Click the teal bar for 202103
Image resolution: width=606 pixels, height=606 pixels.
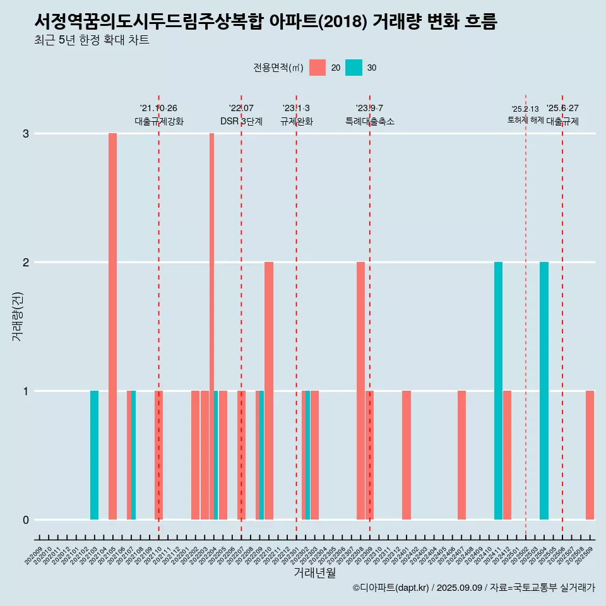tap(94, 455)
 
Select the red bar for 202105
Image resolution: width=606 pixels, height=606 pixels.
tap(112, 326)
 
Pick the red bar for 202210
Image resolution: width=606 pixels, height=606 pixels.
tap(269, 391)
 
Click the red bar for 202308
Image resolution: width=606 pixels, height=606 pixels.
tap(360, 391)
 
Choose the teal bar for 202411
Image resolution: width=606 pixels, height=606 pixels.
tap(498, 391)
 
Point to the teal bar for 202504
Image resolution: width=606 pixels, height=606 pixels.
tap(544, 391)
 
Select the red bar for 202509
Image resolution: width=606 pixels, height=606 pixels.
tap(590, 455)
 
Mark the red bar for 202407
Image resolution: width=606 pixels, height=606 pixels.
tap(461, 455)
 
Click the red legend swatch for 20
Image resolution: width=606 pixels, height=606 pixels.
tap(318, 68)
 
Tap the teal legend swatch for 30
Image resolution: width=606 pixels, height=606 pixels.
tap(354, 68)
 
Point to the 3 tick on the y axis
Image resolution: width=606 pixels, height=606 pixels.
tap(26, 134)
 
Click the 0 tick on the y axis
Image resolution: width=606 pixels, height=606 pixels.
tap(26, 520)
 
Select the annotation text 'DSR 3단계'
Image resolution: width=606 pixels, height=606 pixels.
tap(241, 121)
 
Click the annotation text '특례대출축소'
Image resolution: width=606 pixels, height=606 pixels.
tap(370, 121)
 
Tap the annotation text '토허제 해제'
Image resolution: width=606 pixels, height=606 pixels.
tap(526, 119)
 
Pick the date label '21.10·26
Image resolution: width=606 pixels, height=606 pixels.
tap(158, 109)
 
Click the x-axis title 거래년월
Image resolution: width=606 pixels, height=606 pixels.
tap(314, 573)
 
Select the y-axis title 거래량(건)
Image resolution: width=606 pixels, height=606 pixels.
tap(17, 316)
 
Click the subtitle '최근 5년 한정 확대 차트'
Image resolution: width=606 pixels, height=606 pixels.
tap(92, 40)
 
